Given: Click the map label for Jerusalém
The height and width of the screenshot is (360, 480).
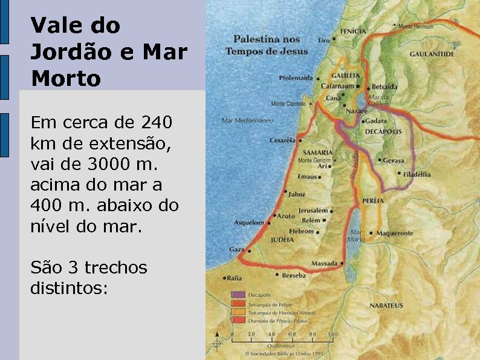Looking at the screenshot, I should [313, 211].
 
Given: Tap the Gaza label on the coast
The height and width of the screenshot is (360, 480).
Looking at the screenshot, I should [236, 249].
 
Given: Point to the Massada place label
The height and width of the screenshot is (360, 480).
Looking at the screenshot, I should [324, 263].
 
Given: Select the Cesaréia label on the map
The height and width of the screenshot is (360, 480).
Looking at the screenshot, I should [282, 140].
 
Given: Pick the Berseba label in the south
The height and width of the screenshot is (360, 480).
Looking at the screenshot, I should [293, 275].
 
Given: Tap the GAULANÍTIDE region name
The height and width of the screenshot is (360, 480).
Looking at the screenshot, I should [432, 54].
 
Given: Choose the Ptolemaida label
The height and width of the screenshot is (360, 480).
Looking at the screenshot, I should [296, 78].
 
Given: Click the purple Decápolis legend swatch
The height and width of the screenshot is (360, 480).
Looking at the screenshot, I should [238, 295].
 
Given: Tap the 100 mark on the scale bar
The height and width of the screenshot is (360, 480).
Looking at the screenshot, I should [332, 333].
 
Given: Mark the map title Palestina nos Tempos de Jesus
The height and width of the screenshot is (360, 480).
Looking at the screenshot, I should [267, 45].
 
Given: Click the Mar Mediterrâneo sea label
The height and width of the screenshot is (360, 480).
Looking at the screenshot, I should [248, 120].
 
